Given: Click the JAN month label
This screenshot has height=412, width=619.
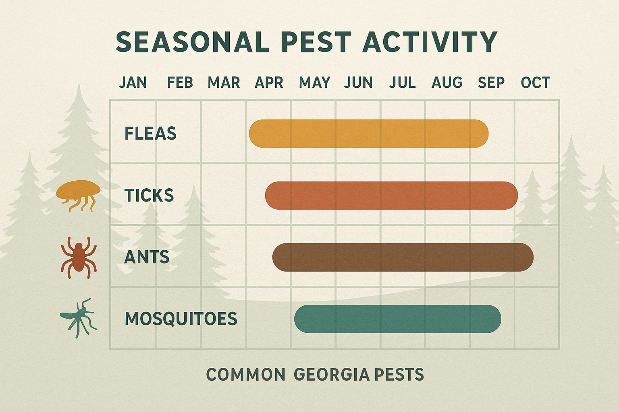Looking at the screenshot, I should [133, 82].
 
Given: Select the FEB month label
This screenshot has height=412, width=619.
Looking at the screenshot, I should [180, 82].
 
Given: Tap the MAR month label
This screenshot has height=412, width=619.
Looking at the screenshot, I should [224, 82].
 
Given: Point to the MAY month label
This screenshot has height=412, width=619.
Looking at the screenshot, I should [314, 82].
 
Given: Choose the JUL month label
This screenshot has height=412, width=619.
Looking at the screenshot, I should [402, 82].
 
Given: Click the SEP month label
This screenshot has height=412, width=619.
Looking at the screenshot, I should [491, 82].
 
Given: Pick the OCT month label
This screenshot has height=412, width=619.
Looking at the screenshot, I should [535, 82].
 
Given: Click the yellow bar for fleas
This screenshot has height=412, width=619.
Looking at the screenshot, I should [368, 134].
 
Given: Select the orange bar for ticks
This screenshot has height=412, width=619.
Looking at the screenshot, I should [391, 196].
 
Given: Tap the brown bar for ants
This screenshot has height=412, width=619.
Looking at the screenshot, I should [403, 257].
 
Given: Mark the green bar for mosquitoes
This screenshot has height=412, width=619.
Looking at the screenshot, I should [397, 319].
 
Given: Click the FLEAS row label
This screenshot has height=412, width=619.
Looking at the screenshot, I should [150, 134].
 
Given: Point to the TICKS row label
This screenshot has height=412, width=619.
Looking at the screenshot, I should [149, 196].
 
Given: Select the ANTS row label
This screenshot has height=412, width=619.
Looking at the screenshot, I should [147, 257].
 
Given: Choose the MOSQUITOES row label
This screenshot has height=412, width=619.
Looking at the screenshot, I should [181, 319].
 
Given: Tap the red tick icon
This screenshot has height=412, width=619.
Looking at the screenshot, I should [79, 257].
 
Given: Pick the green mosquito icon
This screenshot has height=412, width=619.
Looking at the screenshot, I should [79, 318].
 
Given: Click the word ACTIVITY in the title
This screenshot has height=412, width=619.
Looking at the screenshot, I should [430, 42].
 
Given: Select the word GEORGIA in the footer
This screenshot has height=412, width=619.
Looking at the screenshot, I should [331, 375].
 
